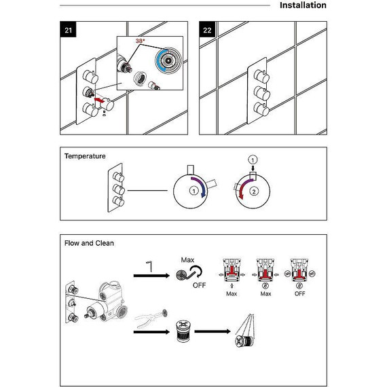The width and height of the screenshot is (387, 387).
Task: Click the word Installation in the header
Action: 303,5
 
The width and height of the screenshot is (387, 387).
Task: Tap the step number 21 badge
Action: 68,30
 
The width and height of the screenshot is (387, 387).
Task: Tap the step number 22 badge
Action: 207,30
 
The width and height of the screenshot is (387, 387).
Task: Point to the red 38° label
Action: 140,41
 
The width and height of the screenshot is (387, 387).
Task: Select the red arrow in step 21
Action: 99,100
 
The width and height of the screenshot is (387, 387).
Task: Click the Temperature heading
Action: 85,156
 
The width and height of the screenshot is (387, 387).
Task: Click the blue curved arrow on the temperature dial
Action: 201,185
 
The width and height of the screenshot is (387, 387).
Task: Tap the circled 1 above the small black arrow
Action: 253,160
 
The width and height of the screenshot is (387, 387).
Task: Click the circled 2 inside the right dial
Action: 254,191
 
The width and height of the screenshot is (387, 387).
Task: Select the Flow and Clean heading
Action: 89,243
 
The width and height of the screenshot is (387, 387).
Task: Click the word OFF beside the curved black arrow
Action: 199,285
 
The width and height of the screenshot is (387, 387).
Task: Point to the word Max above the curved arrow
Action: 187,260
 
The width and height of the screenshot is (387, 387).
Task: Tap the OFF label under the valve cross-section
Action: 299,294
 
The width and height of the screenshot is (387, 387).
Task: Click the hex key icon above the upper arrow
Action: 149,266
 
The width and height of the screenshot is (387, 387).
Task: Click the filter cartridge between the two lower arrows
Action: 183,331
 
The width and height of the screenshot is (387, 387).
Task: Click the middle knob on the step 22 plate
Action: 261,93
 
